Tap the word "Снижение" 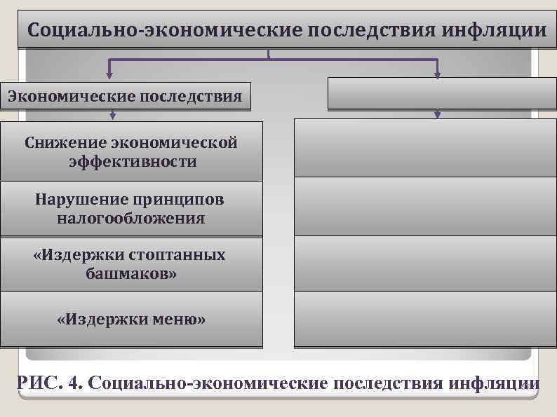(x=65, y=143)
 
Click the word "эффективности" (x=133, y=162)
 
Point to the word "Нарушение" (x=76, y=199)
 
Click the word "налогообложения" (x=131, y=218)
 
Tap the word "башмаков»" (x=131, y=273)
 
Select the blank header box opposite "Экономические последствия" (x=437, y=93)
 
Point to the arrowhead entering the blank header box (x=438, y=72)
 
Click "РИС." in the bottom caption (x=40, y=383)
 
